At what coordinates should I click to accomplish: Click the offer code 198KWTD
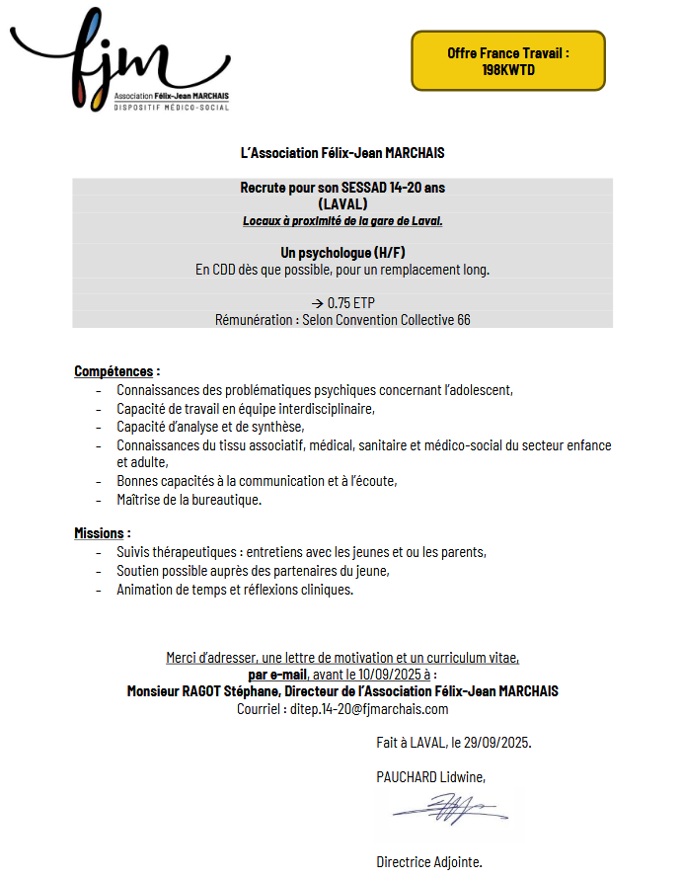508,70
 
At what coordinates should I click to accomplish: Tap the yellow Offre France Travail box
508,60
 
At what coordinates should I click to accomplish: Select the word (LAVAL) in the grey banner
342,203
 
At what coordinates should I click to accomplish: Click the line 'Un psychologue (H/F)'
342,253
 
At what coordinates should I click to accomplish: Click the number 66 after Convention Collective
464,320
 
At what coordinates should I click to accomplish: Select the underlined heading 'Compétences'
114,371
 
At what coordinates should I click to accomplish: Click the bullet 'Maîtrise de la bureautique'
189,500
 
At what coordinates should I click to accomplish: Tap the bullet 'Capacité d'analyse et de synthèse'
210,427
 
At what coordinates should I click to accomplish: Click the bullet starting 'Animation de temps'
234,590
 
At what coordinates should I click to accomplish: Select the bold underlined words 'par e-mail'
278,675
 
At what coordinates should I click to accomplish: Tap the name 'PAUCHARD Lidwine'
430,777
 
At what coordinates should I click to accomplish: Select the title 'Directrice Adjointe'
429,862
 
